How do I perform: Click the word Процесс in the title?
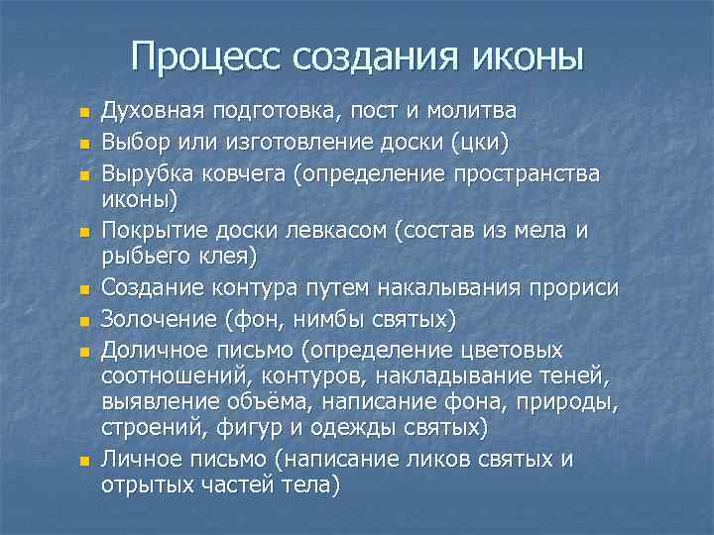click(205, 55)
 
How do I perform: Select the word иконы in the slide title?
click(527, 55)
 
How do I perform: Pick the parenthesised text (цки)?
click(481, 143)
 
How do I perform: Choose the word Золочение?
click(158, 319)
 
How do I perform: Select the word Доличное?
click(153, 352)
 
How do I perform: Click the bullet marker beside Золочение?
click(85, 321)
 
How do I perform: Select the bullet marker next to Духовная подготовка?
click(85, 113)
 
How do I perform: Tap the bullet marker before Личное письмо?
click(85, 462)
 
